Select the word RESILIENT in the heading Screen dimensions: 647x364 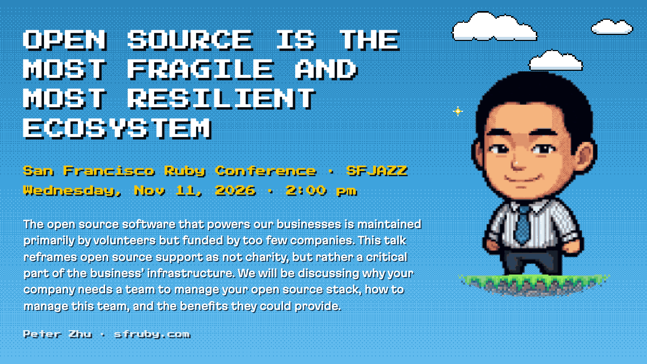222,99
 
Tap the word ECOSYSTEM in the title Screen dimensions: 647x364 117,128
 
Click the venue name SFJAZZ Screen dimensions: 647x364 377,171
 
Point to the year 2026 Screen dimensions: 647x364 235,191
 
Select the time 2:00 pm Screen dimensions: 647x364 321,191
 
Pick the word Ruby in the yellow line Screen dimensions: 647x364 185,171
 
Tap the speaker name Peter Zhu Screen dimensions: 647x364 58,334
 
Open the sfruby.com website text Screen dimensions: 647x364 152,335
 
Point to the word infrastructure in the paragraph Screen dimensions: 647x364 191,274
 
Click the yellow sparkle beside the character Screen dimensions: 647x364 458,111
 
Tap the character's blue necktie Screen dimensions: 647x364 523,225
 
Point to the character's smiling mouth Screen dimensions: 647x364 523,178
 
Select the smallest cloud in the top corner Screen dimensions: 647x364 612,27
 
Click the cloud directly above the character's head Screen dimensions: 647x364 556,61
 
